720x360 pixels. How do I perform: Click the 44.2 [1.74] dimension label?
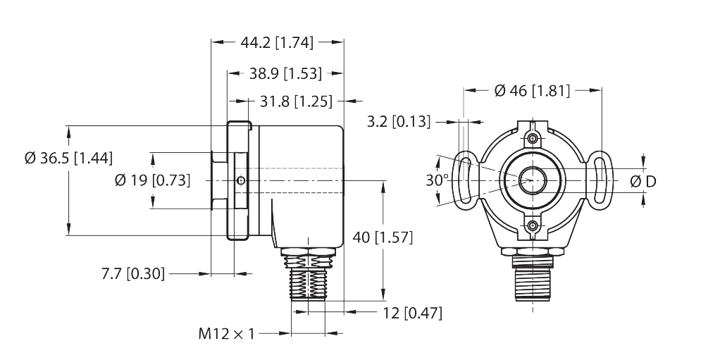pos(276,42)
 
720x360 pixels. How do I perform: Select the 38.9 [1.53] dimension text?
pos(285,73)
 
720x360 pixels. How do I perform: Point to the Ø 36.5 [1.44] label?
pos(68,158)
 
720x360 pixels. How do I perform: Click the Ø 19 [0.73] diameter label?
pos(152,180)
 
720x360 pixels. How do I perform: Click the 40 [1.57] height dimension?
pos(382,237)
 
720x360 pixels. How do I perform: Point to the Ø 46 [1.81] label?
pos(532,90)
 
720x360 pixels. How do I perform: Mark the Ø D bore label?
pos(641,181)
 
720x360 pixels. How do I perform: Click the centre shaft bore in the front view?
pos(533,180)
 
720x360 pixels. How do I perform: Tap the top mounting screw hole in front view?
pos(533,135)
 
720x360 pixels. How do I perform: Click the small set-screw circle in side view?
pos(242,181)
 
